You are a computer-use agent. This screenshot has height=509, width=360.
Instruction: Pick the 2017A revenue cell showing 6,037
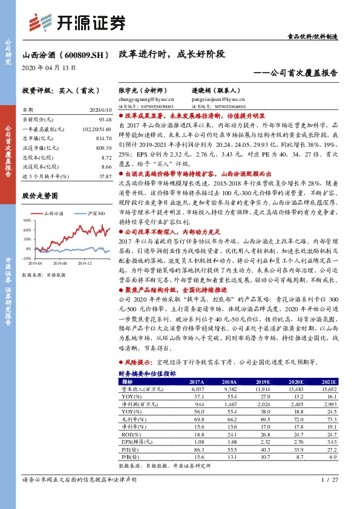click(197, 390)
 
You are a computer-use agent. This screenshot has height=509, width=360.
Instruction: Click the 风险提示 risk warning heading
click(136, 361)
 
